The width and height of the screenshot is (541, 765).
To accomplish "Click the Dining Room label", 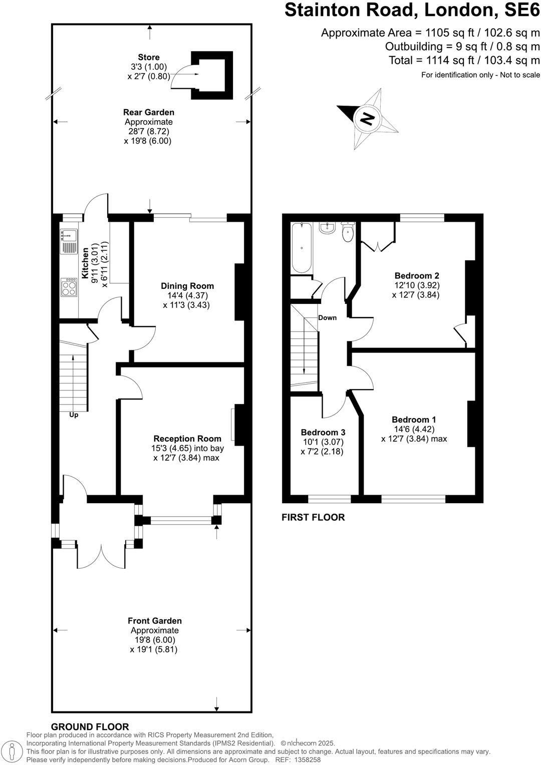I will (187, 286).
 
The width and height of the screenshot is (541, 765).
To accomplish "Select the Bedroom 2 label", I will (416, 275).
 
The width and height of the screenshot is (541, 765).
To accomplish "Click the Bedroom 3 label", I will (323, 432).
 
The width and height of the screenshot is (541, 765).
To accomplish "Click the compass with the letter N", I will (368, 119).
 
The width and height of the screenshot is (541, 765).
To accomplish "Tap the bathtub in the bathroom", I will (302, 248).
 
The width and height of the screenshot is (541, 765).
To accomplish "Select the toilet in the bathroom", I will (348, 232).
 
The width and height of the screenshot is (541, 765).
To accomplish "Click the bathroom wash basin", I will (327, 228).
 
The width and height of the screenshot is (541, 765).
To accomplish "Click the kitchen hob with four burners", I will (69, 287).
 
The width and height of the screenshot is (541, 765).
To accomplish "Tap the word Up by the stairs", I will (74, 415).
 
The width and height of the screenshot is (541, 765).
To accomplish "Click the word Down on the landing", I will (327, 317).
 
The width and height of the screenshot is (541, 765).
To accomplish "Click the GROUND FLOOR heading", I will (90, 726).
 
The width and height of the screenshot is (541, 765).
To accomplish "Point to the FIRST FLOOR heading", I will (313, 517).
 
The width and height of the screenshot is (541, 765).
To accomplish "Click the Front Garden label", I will (154, 621).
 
